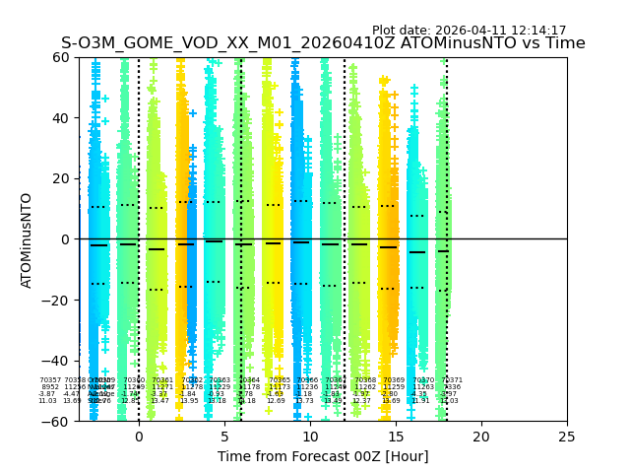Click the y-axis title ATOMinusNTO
pyautogui.click(x=27, y=239)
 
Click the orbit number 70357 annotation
pyautogui.click(x=50, y=380)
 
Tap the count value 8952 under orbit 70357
pyautogui.click(x=50, y=387)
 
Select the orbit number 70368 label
pyautogui.click(x=365, y=380)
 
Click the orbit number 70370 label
pyautogui.click(x=423, y=380)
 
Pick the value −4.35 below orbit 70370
pyautogui.click(x=420, y=394)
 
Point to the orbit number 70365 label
pyautogui.click(x=280, y=380)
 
